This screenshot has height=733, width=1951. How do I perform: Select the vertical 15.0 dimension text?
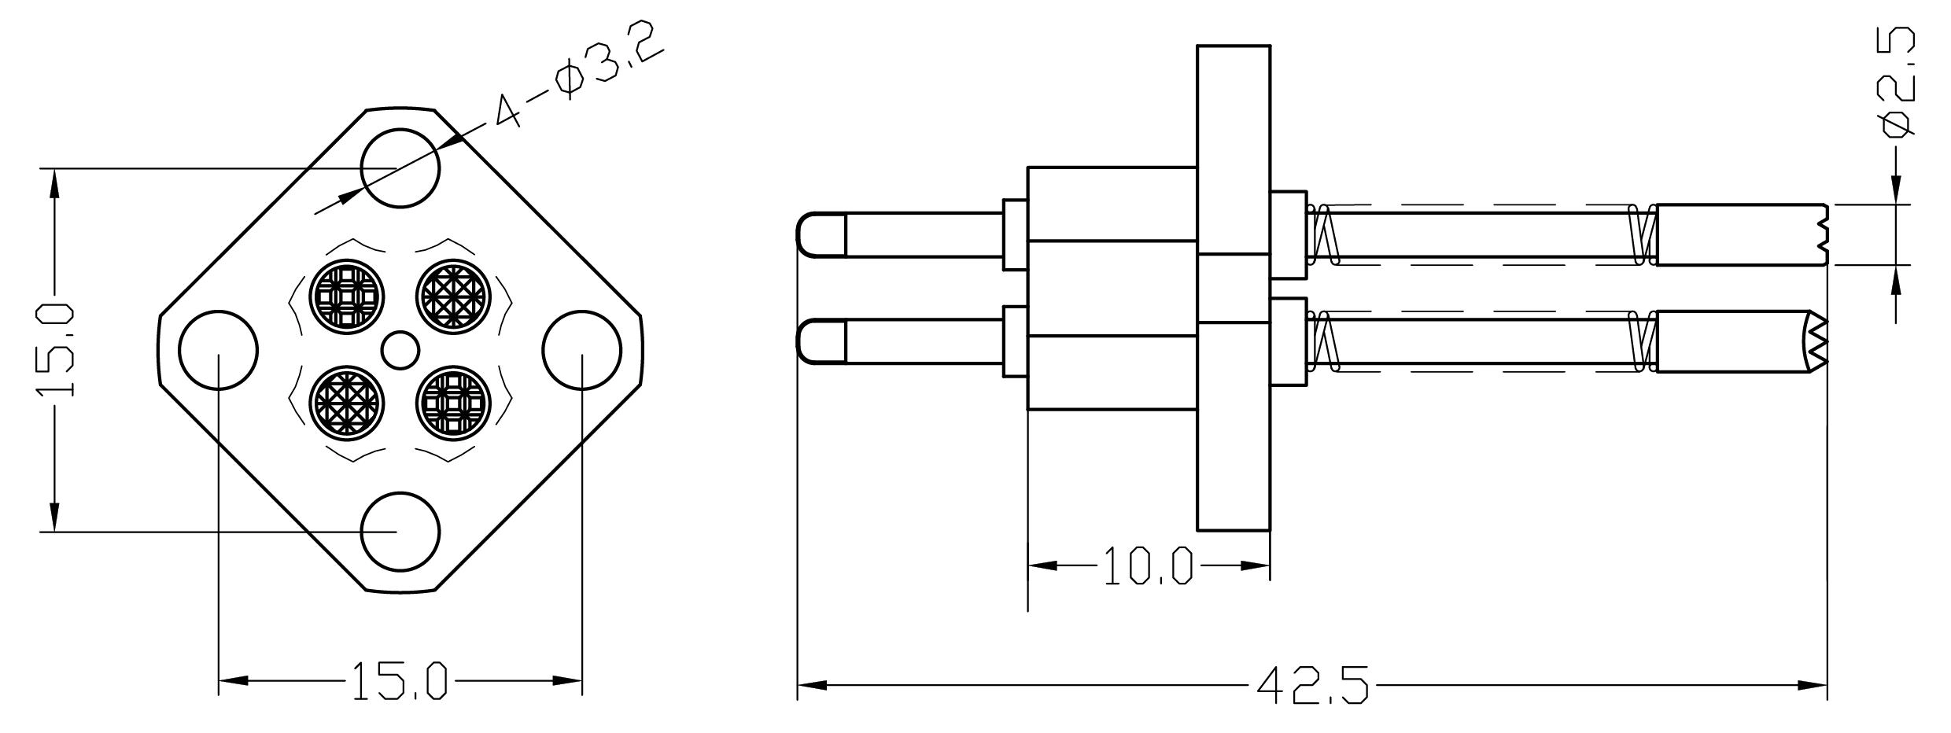pyautogui.click(x=57, y=350)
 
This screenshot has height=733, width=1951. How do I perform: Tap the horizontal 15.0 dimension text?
pyautogui.click(x=399, y=681)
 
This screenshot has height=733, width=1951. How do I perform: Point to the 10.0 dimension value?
pyautogui.click(x=1148, y=566)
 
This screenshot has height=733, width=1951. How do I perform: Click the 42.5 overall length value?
pyautogui.click(x=1312, y=686)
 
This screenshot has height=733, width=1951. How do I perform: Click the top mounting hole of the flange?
pyautogui.click(x=400, y=168)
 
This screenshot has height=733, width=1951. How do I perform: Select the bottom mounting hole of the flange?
pyautogui.click(x=400, y=532)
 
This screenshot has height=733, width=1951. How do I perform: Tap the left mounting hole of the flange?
pyautogui.click(x=218, y=350)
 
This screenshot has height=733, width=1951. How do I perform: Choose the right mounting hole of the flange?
pyautogui.click(x=582, y=350)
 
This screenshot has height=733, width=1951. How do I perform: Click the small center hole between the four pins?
pyautogui.click(x=400, y=350)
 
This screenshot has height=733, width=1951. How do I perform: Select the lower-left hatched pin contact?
pyautogui.click(x=347, y=403)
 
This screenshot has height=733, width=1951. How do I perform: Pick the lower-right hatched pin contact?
pyautogui.click(x=453, y=403)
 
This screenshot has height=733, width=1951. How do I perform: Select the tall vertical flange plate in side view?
pyautogui.click(x=1234, y=288)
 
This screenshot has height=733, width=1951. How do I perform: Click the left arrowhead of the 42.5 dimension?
pyautogui.click(x=812, y=686)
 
